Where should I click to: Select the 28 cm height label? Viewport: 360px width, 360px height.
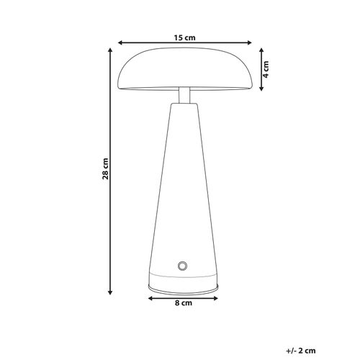click(105, 168)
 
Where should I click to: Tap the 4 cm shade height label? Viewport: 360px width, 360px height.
click(266, 71)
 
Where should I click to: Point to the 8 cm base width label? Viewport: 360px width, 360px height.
click(184, 305)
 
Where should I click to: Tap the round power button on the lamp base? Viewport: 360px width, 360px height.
click(183, 266)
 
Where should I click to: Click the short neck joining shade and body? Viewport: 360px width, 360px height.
click(184, 94)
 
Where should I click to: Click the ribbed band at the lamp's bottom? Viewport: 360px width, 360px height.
click(184, 283)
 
